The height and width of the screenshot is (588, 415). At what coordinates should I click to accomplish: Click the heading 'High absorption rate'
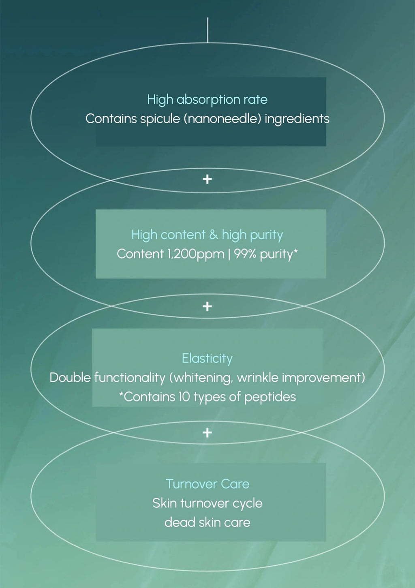207,100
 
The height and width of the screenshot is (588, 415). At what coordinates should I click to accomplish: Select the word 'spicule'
160,119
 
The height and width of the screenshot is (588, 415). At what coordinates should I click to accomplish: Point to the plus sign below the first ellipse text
207,179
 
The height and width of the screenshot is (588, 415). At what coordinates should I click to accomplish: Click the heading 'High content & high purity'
207,235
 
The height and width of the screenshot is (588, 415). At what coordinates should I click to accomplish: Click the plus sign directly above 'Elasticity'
207,306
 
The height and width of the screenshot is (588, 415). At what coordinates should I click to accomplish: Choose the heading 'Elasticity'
207,359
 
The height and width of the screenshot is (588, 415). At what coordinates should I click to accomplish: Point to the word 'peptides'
270,397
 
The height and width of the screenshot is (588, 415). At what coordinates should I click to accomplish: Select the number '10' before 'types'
184,397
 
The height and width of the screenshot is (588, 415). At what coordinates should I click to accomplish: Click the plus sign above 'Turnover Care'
207,433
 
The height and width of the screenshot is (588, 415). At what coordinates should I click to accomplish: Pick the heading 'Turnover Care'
207,484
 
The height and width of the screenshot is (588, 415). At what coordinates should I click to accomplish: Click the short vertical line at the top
207,30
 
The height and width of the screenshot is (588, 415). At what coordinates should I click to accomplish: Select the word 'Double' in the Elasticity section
70,378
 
